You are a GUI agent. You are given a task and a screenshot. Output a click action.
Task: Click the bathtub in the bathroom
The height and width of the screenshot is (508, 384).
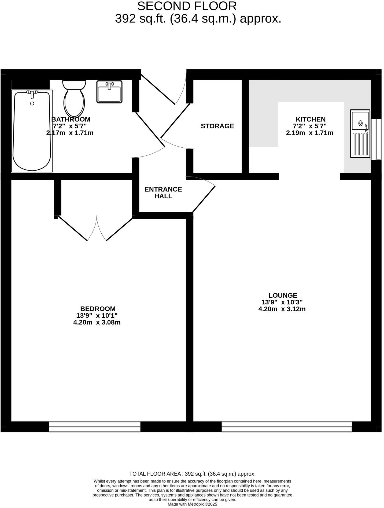[x=32, y=131]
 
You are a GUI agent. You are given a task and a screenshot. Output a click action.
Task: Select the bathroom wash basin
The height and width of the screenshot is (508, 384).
[x=109, y=92]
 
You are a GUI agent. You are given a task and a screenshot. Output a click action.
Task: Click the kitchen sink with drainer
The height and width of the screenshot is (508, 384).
[x=360, y=134]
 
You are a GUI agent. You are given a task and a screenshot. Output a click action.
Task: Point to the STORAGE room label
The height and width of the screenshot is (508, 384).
[x=217, y=126]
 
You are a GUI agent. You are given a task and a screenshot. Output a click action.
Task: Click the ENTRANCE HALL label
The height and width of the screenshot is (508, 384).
[x=163, y=193]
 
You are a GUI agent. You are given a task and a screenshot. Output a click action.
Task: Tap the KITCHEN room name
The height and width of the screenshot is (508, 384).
[x=310, y=119]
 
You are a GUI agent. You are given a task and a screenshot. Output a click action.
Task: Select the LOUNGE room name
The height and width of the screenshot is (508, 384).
[x=283, y=295]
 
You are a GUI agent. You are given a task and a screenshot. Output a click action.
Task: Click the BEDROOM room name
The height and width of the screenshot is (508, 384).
[x=98, y=309]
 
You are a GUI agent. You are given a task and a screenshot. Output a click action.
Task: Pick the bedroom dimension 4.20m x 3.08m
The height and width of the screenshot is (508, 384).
[x=97, y=322]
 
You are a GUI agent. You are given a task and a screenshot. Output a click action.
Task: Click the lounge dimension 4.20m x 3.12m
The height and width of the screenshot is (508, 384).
[x=282, y=309]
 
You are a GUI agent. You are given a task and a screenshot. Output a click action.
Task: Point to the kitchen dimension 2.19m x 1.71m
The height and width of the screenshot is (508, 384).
[x=309, y=133]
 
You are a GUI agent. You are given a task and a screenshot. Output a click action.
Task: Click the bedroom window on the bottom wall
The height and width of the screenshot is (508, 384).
[x=95, y=427]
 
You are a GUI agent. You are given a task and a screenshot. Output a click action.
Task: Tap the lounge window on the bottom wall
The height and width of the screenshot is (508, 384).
[x=286, y=427]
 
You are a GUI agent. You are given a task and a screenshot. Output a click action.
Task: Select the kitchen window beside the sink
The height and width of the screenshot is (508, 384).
[x=376, y=139]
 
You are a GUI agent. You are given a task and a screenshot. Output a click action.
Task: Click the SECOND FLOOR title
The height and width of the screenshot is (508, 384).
[x=187, y=6]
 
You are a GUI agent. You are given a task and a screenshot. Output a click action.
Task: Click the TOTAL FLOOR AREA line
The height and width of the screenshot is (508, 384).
[x=192, y=474]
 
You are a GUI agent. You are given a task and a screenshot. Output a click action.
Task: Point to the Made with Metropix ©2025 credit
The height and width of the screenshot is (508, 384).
[x=192, y=504]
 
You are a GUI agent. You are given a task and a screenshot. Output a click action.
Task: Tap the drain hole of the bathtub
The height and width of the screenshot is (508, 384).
[x=32, y=103]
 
